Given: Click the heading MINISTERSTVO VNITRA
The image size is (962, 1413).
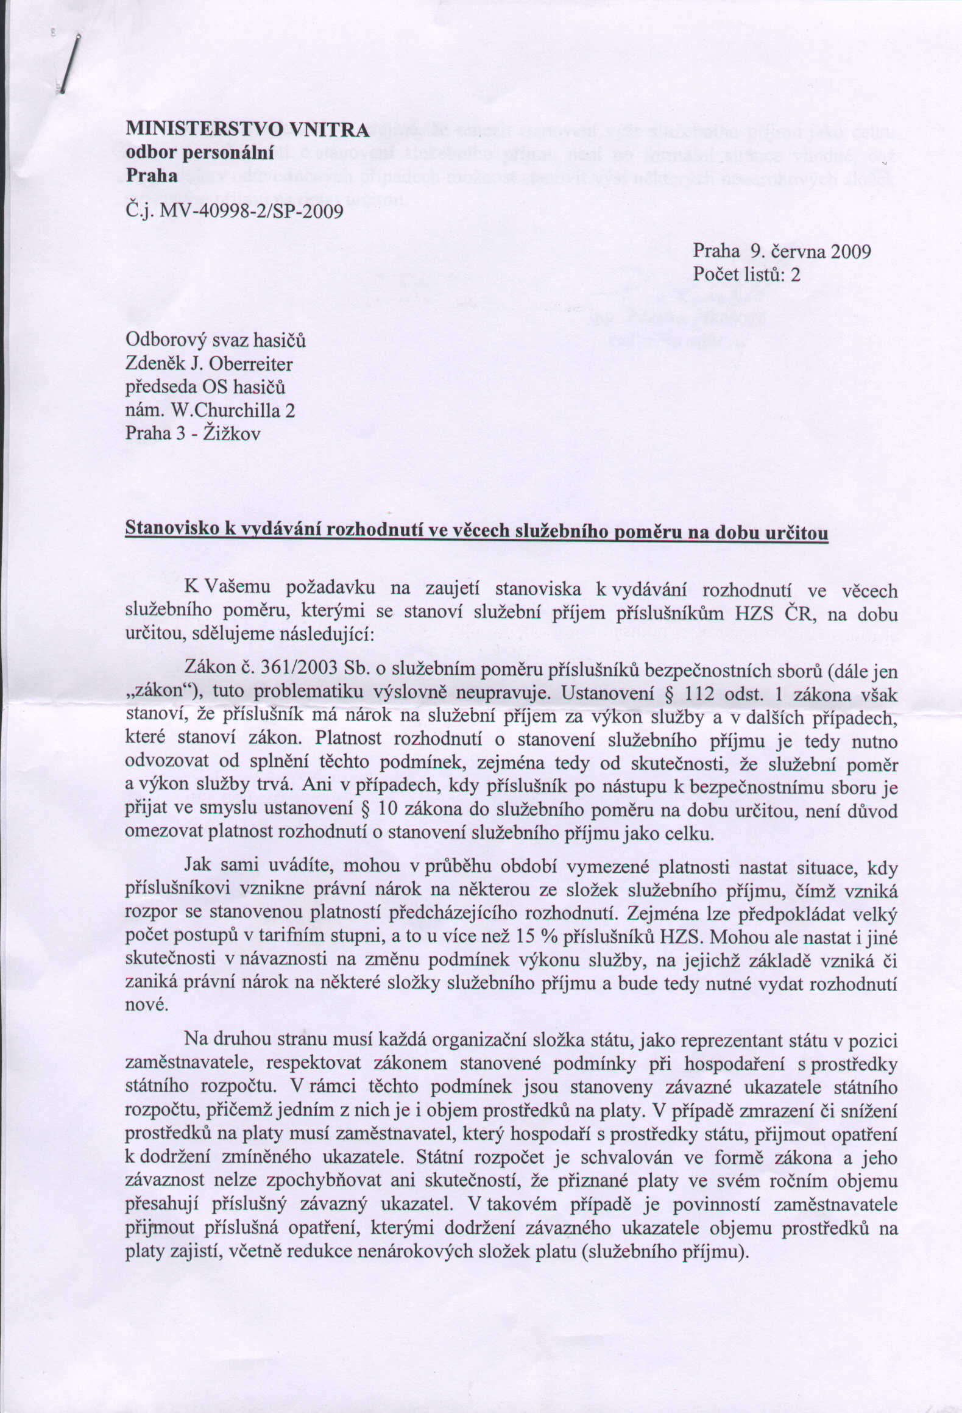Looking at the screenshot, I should pos(247,129).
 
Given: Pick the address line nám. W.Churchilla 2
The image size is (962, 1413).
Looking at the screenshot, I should pos(210,410).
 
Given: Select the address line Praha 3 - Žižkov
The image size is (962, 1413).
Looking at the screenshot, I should pos(193,433).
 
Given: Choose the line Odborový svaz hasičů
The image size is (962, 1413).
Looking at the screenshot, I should pos(215,341).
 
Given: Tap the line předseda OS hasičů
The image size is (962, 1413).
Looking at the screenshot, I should pos(205,388).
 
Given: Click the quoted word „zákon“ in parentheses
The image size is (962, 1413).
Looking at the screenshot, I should pos(160,693).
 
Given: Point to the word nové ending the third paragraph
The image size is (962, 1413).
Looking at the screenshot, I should pos(146,1006).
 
